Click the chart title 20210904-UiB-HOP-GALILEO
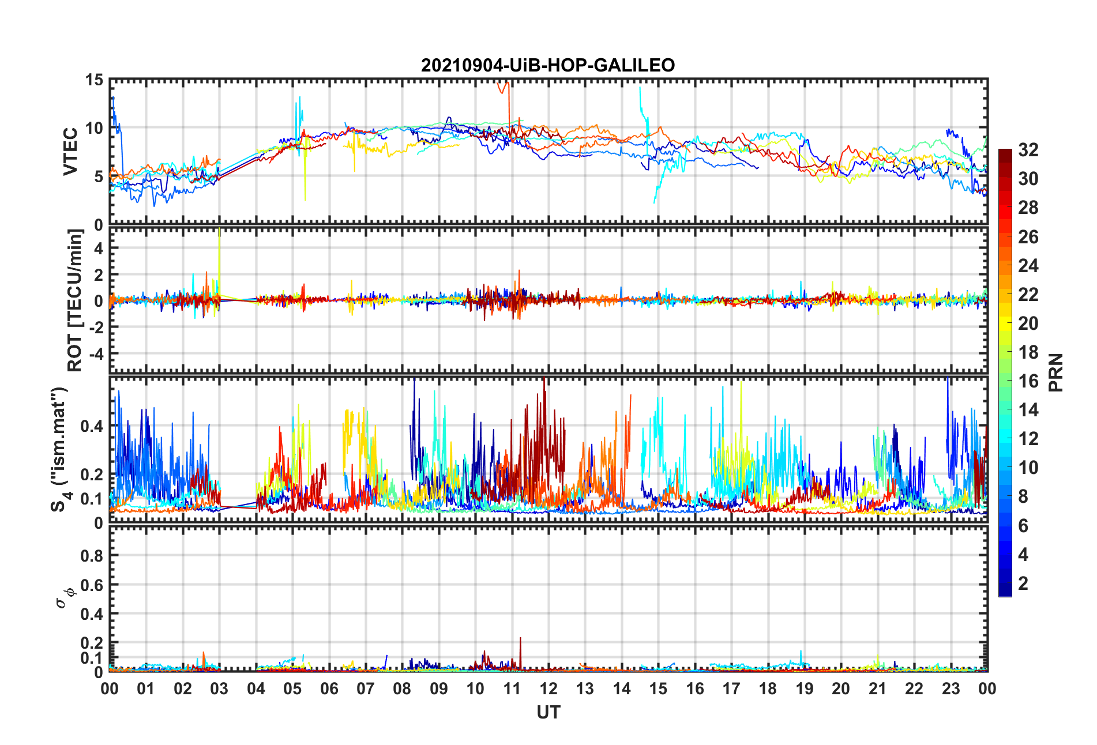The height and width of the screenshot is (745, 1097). click(547, 65)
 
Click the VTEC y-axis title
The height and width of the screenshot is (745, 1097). click(70, 152)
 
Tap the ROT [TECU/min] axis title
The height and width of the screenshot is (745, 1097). click(75, 300)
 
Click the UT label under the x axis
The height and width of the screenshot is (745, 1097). click(548, 713)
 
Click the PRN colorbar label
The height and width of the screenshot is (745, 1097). click(1055, 372)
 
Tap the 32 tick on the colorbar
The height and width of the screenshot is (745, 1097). click(1028, 150)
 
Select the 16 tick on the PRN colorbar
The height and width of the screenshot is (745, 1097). click(1028, 381)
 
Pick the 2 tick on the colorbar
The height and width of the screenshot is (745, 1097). click(1023, 584)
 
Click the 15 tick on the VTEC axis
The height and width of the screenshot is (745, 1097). click(94, 80)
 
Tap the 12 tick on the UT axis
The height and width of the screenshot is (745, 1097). click(548, 688)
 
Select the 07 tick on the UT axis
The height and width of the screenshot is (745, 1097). click(366, 688)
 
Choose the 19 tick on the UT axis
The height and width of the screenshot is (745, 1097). click(805, 688)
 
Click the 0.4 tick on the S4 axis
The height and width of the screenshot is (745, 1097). click(91, 427)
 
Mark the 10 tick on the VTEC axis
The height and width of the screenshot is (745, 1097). click(94, 129)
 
